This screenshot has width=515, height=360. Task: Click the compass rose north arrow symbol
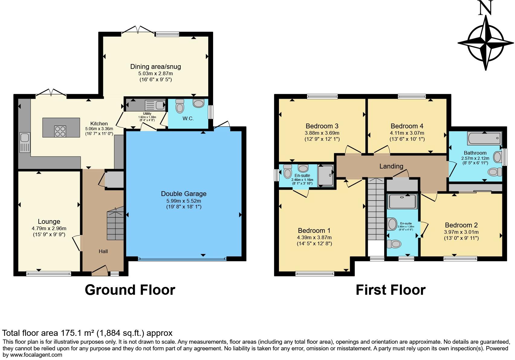[486, 42]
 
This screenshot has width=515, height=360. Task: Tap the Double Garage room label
[183, 194]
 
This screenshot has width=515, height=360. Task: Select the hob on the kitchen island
[60, 131]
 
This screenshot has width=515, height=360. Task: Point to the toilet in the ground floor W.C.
[180, 106]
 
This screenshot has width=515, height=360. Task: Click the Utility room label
[147, 114]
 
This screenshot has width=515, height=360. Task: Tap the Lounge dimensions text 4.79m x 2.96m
[49, 229]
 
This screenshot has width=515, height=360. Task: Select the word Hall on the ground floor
[103, 251]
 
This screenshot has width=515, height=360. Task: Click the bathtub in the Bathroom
[484, 139]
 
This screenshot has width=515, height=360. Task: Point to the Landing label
[391, 166]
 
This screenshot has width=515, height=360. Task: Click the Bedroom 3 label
[322, 126]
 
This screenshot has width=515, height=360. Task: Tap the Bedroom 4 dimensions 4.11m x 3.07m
[407, 133]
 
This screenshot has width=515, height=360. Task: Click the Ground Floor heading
[130, 290]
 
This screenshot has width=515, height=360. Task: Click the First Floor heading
[390, 290]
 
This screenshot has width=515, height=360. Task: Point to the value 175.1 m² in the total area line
[77, 333]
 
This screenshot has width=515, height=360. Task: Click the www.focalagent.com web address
[36, 355]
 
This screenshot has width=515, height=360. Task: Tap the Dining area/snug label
[155, 67]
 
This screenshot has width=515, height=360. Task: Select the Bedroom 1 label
[314, 230]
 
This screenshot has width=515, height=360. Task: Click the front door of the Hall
[100, 273]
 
